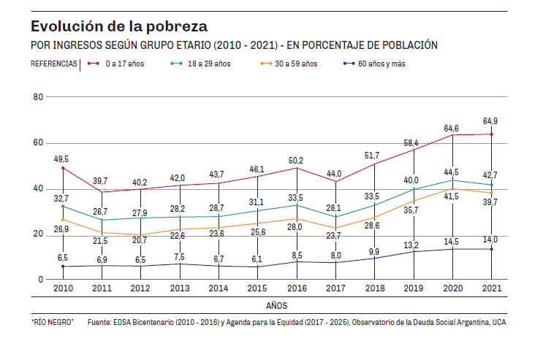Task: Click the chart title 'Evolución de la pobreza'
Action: (119, 26)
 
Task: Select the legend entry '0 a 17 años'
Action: (124, 64)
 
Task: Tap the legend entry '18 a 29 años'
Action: (209, 64)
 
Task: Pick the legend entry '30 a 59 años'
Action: (296, 64)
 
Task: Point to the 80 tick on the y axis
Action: (38, 97)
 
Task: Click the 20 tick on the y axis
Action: (38, 234)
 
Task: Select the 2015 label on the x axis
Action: (257, 288)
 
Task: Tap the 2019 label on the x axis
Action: (413, 288)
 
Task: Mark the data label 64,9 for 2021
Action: (490, 120)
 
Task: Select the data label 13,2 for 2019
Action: (413, 245)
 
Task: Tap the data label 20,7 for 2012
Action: (140, 240)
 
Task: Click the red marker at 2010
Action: (63, 169)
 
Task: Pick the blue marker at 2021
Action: (491, 249)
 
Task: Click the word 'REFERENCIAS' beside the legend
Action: (53, 64)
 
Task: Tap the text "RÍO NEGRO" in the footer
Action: (52, 322)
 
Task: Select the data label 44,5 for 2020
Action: (452, 172)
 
